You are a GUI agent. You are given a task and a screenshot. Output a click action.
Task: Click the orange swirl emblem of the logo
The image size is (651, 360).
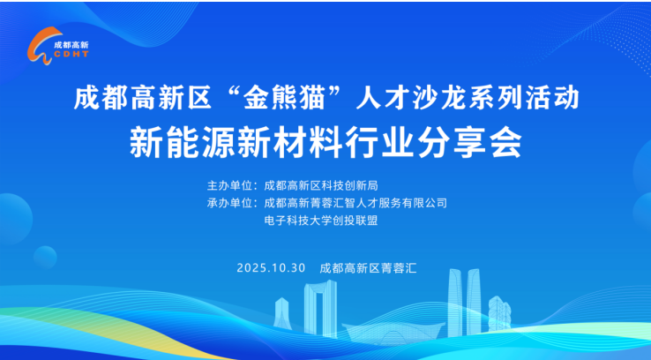[40, 49]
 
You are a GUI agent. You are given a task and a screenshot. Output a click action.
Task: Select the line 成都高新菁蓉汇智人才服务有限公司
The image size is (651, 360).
[355, 203]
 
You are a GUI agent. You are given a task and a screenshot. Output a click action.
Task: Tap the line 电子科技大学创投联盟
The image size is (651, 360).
[320, 221]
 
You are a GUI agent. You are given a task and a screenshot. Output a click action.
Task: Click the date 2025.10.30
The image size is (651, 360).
[270, 267]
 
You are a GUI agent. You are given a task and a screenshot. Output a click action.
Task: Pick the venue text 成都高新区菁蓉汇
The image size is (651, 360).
[368, 267]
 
